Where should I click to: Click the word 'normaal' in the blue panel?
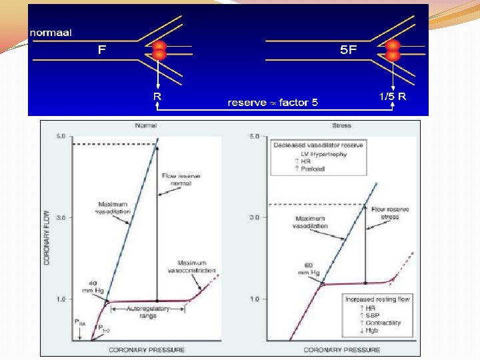pos(51,31)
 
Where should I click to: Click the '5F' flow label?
pos(348,50)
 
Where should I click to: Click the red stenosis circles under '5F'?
pos(393,51)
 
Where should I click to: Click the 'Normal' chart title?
pos(146,126)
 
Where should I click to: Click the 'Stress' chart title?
pos(342,126)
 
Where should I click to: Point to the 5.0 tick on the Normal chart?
pos(60,136)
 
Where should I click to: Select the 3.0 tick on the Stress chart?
pos(254,217)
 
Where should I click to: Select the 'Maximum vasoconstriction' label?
pos(197,267)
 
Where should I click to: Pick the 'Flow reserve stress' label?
pos(391,213)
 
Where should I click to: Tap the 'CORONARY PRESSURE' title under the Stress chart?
pos(342,349)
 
